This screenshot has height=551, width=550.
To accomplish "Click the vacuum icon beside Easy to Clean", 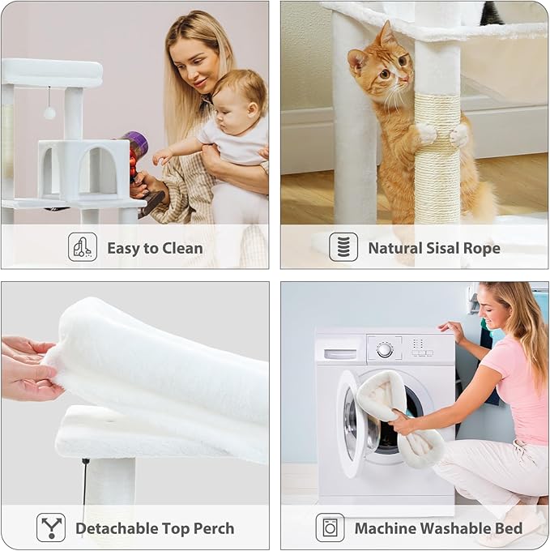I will click(x=82, y=247).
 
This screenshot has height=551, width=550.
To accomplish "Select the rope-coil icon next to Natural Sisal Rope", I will click(x=343, y=247).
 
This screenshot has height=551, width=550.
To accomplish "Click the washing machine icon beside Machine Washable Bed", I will click(x=330, y=528).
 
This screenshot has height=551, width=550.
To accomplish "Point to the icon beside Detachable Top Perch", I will click(x=51, y=528).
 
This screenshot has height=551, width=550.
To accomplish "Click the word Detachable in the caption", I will click(x=117, y=528).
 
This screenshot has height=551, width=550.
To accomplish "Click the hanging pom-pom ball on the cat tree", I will click(x=49, y=113).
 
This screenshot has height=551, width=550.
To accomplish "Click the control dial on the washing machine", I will click(x=385, y=349).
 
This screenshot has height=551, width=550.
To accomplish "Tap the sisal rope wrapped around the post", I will click(x=437, y=170).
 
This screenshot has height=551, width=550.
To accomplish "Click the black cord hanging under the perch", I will click(x=85, y=478).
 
